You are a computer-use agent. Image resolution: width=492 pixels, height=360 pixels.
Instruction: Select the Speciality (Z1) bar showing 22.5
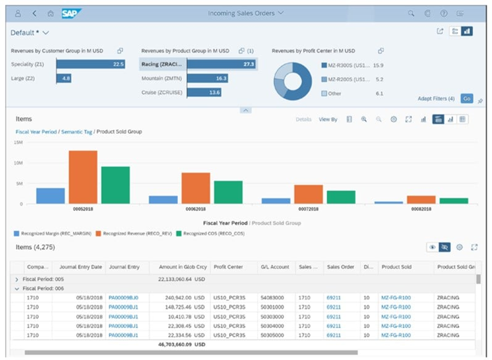(x=90, y=64)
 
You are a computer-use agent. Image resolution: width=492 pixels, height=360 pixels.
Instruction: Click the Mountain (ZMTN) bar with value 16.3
(x=207, y=79)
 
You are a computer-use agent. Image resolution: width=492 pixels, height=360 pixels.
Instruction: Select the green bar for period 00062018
(x=228, y=192)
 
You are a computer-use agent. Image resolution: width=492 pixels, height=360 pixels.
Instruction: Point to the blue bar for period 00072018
(x=276, y=201)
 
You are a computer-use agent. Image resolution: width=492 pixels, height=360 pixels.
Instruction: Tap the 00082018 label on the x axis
(x=421, y=209)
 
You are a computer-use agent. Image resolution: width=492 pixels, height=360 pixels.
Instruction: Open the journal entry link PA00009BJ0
(x=123, y=298)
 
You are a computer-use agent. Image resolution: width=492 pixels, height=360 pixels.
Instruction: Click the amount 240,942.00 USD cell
(x=179, y=298)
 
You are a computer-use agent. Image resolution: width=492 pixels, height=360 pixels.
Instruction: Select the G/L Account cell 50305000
(x=272, y=335)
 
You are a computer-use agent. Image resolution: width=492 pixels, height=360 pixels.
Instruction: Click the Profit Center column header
(x=228, y=267)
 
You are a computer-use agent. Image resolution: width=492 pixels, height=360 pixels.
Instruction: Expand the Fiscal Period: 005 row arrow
(x=17, y=279)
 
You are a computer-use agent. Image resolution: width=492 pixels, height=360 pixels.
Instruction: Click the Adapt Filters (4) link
(x=436, y=99)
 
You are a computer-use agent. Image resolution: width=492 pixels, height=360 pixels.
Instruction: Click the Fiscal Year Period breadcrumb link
(x=37, y=132)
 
